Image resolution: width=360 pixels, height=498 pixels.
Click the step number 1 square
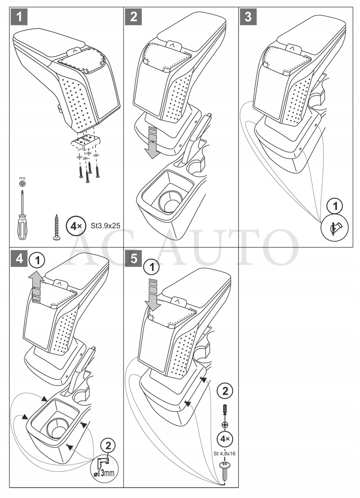click(18, 17)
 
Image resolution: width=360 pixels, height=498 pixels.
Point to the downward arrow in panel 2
click(153, 141)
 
